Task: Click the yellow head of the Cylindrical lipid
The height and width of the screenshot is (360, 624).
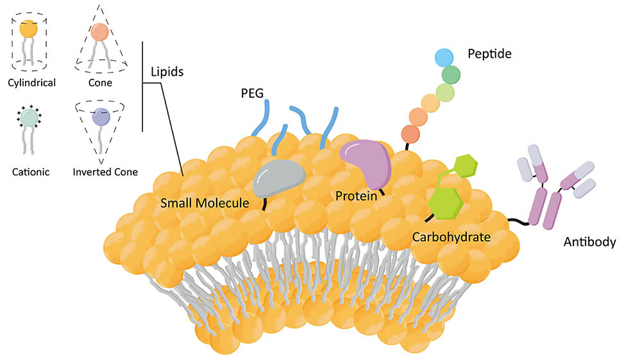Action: pos(28,30)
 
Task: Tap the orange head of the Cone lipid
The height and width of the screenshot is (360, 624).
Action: pos(99,31)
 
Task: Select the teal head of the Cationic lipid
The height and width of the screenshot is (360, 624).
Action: pos(28,117)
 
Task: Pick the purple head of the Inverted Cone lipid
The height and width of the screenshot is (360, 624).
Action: pos(101,117)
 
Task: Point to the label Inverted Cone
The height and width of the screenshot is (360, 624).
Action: pos(105,171)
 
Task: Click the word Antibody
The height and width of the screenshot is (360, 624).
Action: pos(589,242)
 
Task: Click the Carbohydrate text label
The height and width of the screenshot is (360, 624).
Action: pos(451,237)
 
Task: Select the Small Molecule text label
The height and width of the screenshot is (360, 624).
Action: pos(204,203)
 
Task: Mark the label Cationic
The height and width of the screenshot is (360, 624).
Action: pos(28,171)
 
